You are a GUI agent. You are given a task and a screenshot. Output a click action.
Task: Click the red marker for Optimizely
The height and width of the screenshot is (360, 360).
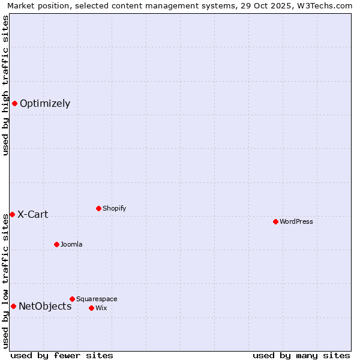[14, 103]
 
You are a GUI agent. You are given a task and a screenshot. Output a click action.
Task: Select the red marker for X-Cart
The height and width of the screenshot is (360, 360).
[12, 214]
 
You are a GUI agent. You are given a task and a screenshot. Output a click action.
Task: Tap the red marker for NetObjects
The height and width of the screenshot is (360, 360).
[13, 306]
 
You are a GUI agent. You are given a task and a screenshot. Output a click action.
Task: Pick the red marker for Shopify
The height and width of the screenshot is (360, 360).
[98, 208]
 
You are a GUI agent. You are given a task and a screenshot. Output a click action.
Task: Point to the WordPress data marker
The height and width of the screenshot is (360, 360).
[275, 221]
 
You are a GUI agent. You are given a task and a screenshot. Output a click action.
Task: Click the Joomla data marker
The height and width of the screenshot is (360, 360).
[56, 244]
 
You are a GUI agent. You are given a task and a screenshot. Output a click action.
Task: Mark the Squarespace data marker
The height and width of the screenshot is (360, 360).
[72, 299]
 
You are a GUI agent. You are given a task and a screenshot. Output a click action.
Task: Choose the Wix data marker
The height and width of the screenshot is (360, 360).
[91, 308]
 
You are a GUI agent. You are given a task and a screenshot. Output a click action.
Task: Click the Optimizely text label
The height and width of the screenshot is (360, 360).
[45, 103]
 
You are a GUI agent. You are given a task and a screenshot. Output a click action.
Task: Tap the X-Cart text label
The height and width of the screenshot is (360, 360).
[33, 214]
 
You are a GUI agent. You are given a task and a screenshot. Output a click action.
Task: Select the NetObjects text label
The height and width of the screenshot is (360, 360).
[45, 306]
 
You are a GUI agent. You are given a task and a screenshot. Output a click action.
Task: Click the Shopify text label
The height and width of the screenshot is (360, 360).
[115, 208]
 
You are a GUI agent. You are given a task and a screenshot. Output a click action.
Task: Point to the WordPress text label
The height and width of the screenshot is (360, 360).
[296, 221]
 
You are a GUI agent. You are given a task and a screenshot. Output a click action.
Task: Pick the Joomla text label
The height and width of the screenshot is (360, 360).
[71, 244]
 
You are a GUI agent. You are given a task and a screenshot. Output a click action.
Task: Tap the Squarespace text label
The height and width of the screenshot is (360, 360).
[97, 299]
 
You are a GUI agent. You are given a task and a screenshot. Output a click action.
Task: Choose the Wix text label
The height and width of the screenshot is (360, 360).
[101, 308]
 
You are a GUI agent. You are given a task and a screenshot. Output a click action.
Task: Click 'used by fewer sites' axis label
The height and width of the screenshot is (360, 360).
[62, 355]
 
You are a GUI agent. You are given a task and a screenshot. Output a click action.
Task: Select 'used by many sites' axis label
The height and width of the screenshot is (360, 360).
[301, 355]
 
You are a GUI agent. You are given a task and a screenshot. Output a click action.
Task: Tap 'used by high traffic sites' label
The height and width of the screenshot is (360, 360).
[5, 85]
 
